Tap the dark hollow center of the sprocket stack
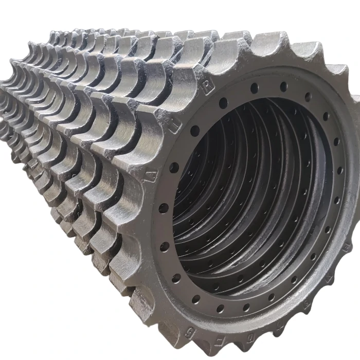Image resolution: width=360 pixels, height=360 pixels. pyautogui.click(x=242, y=206)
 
